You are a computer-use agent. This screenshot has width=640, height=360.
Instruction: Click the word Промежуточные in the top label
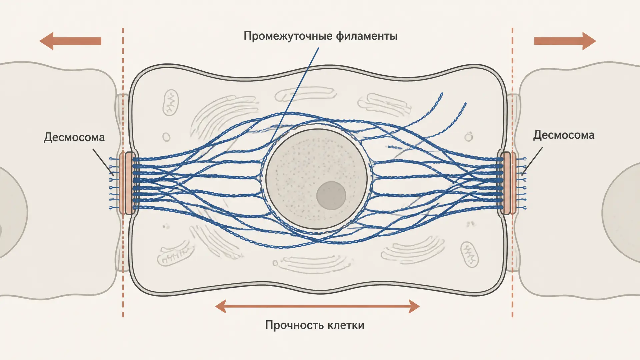tap(288, 36)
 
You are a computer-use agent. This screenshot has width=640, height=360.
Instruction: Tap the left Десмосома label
tap(74, 137)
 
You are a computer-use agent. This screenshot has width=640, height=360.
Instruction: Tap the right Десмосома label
tap(564, 135)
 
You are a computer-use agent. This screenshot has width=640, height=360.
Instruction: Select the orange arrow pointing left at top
tap(70, 41)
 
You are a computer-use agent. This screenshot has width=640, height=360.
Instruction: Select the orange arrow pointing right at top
tap(565, 41)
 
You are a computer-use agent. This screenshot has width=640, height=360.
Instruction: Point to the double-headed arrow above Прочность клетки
tap(317, 306)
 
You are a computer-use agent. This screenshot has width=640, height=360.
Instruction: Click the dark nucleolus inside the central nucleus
tap(331, 196)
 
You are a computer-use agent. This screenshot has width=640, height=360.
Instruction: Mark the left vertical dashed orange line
tap(123, 172)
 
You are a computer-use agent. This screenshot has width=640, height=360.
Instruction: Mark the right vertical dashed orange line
tap(512, 172)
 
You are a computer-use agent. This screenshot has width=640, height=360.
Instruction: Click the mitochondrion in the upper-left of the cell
tap(170, 102)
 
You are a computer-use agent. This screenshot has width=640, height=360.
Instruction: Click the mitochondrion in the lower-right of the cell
tap(469, 254)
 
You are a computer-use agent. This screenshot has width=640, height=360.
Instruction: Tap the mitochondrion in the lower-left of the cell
tap(175, 256)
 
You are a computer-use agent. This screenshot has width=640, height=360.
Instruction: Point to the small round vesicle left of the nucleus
tap(166, 137)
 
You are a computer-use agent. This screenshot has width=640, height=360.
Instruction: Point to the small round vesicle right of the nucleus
tap(469, 137)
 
